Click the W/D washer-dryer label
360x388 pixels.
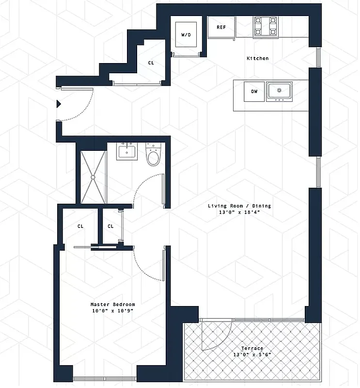[186, 35]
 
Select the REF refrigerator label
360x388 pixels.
[221, 27]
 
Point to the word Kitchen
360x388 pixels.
[257, 58]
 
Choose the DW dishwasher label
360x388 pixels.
[254, 91]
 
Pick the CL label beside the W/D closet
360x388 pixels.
[151, 63]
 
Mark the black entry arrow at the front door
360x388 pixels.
[59, 103]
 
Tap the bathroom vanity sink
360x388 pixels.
[128, 152]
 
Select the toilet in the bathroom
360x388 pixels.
[154, 155]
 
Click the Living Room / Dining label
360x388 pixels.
[239, 206]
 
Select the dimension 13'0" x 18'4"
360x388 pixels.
[239, 212]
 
